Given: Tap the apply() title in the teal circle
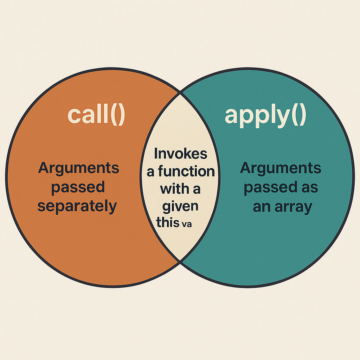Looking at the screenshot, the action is (x=265, y=116).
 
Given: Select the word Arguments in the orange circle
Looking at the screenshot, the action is (x=78, y=169).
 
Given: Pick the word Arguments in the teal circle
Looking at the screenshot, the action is (x=280, y=169).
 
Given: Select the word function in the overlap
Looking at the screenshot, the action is (x=186, y=171).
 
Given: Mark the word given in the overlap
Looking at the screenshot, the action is (x=180, y=206).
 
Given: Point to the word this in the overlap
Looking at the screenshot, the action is (x=168, y=222).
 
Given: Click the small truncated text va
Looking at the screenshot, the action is (x=187, y=224).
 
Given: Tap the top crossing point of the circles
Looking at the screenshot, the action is (x=180, y=93).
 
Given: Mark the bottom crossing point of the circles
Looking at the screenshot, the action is (x=180, y=262).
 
